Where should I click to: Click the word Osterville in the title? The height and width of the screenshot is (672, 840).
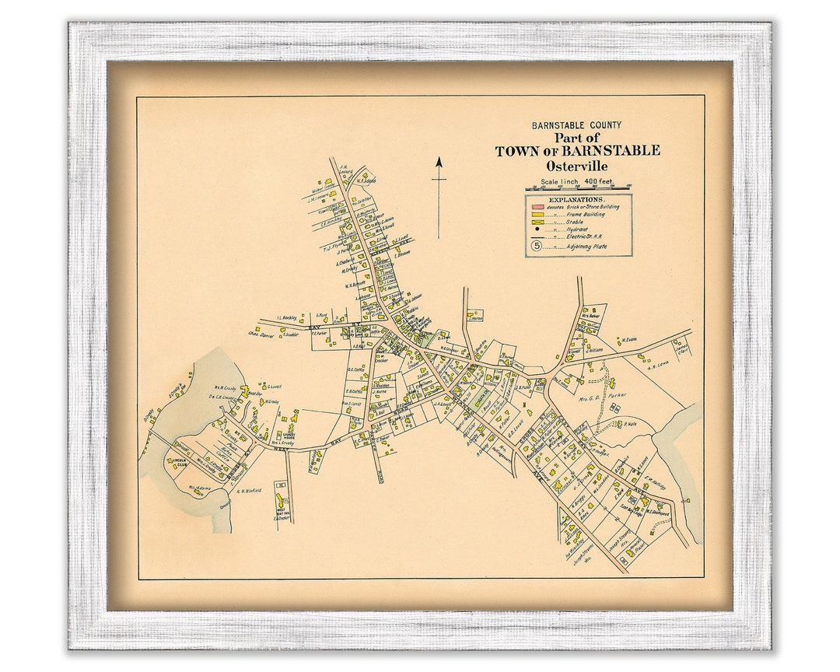[x=577, y=166]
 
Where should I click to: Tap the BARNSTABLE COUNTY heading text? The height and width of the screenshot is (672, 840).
[x=576, y=125]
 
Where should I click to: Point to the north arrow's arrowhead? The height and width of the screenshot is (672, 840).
[x=439, y=163]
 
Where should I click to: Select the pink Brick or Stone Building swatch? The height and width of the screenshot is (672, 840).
[x=537, y=206]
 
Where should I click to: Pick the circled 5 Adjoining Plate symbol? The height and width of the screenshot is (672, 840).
[x=537, y=246]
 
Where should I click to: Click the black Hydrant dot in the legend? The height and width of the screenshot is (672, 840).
[x=537, y=229]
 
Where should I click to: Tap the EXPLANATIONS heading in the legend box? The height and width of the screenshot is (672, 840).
[x=577, y=199]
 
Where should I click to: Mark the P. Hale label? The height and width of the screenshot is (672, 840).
[x=631, y=424]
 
